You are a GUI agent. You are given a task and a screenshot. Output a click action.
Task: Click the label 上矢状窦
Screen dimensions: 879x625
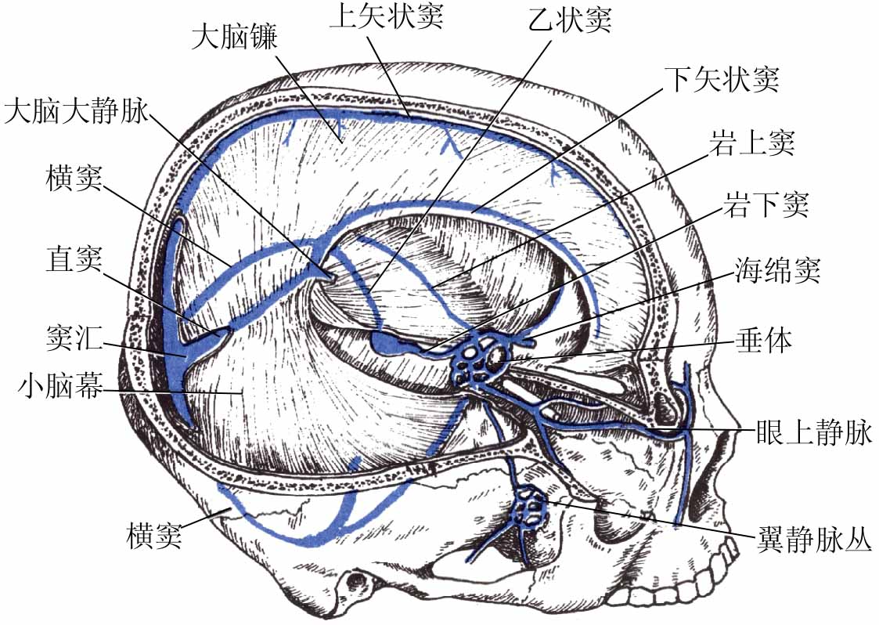386,16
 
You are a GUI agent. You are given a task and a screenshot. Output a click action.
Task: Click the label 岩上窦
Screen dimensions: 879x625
751,143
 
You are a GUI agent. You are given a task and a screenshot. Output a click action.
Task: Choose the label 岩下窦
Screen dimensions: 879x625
765,207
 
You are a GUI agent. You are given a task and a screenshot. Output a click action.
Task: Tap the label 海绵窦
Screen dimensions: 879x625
776,273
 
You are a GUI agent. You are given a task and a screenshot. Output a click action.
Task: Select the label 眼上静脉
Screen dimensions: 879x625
814,433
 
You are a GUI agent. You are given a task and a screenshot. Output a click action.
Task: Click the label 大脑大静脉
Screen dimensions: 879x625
75,112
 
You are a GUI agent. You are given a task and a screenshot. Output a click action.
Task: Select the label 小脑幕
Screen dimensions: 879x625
62,386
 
